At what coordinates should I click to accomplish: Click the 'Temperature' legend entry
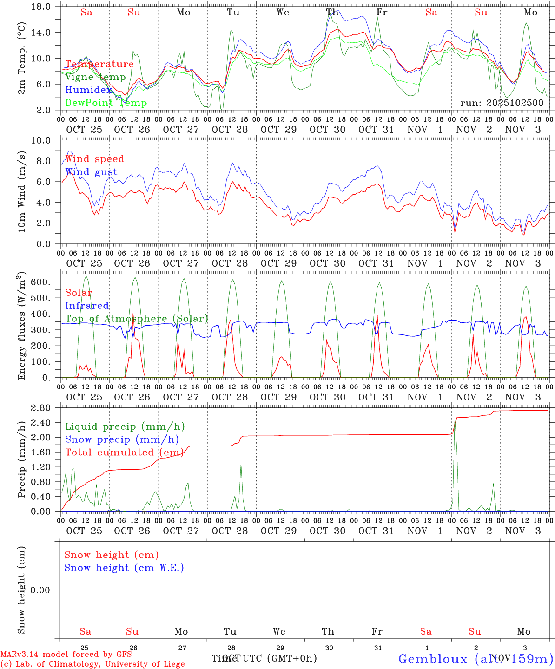99,64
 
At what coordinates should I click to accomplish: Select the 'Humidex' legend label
89,90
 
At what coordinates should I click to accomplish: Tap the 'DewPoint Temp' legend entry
106,103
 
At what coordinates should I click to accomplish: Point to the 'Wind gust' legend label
91,172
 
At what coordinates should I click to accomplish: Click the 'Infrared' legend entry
87,306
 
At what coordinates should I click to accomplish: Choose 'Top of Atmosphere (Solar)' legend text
136,319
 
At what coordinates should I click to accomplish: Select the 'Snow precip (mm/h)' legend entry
122,439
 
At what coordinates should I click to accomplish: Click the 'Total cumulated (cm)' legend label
124,452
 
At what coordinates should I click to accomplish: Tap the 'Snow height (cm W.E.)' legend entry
124,568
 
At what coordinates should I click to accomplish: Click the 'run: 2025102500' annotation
502,103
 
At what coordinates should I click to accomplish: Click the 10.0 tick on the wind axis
45,140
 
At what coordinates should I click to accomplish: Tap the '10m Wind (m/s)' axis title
22,192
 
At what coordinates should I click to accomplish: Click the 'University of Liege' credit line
92,664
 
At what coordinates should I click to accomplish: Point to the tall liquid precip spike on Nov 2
455,420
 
